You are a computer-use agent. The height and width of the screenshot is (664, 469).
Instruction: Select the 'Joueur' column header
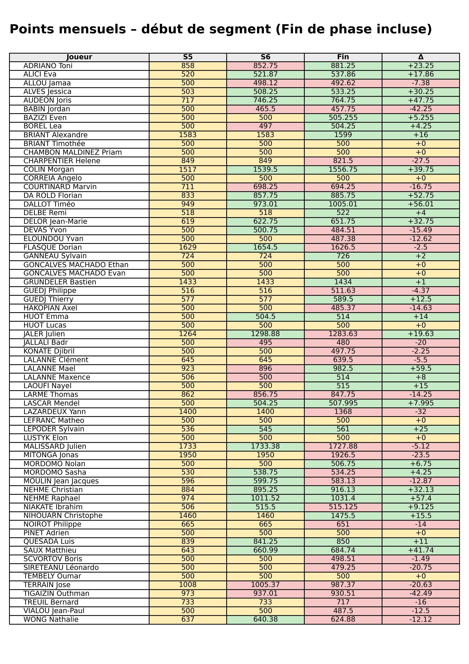tap(79, 57)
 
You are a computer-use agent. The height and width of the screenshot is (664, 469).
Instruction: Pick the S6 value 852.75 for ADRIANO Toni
tap(265, 66)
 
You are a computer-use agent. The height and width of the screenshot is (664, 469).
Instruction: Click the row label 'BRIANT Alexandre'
tap(55, 135)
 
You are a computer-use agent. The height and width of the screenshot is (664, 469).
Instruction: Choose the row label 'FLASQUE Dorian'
tap(53, 247)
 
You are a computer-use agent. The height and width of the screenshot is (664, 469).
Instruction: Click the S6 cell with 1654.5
tap(265, 247)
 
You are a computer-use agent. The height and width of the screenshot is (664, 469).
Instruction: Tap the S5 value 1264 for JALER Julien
tap(188, 334)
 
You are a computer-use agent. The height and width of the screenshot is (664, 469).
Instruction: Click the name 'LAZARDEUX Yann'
tap(55, 412)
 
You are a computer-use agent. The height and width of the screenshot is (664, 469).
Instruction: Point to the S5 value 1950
tap(188, 455)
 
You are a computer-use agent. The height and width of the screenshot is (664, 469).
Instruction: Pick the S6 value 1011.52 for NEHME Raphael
tap(265, 498)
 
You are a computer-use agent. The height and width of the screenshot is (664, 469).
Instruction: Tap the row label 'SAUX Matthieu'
tap(50, 550)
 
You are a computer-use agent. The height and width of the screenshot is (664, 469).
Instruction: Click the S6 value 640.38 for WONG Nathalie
tap(265, 620)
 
